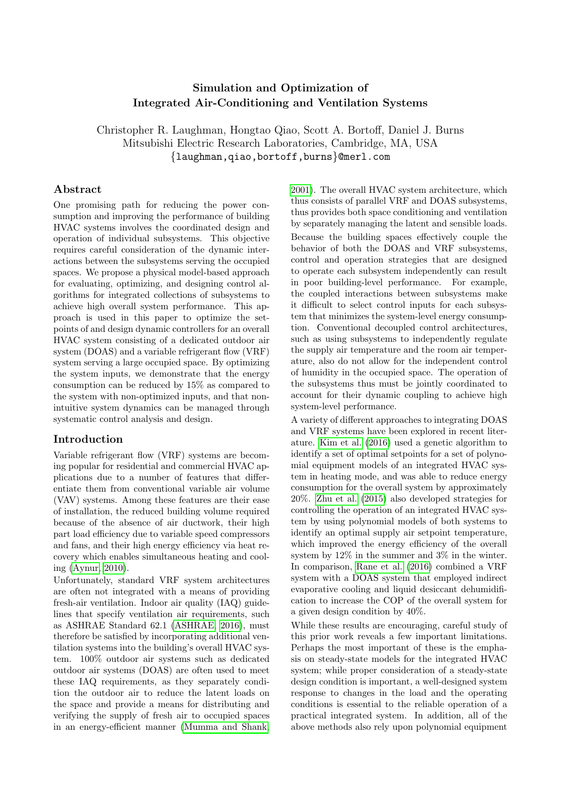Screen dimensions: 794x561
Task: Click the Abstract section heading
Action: (77, 189)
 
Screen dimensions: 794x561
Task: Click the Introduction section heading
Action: (88, 439)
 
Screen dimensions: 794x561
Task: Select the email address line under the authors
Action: (280, 157)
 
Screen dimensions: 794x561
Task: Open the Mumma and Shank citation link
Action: (225, 727)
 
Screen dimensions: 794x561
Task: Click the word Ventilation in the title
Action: (349, 103)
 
